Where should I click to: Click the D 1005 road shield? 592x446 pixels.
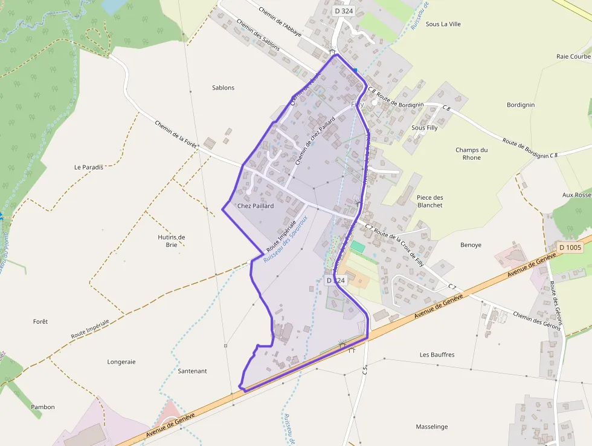pyautogui.click(x=570, y=247)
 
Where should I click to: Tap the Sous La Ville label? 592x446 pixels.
pyautogui.click(x=443, y=24)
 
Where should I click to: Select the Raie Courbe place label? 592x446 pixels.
pyautogui.click(x=573, y=56)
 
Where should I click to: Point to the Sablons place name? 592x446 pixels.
pyautogui.click(x=224, y=88)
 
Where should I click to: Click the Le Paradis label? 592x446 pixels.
pyautogui.click(x=89, y=167)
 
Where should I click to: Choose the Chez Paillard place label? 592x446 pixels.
pyautogui.click(x=256, y=206)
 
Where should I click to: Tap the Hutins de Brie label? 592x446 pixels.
pyautogui.click(x=171, y=241)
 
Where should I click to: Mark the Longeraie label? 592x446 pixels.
pyautogui.click(x=121, y=362)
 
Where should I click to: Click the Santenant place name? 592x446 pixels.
pyautogui.click(x=193, y=370)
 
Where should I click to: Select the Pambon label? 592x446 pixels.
pyautogui.click(x=43, y=407)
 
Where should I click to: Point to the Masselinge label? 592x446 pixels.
pyautogui.click(x=432, y=427)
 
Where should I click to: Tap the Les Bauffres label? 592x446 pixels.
pyautogui.click(x=437, y=355)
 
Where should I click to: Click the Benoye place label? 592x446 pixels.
pyautogui.click(x=471, y=245)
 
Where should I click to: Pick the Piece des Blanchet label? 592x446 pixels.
pyautogui.click(x=430, y=202)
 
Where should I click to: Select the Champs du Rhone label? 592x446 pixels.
pyautogui.click(x=472, y=154)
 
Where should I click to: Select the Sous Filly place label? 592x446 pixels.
pyautogui.click(x=424, y=128)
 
